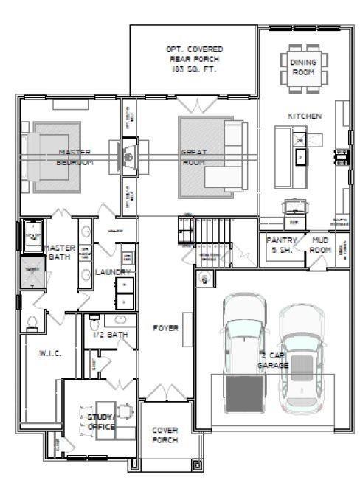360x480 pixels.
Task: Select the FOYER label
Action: pos(165,327)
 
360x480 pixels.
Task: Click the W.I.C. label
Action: pos(49,353)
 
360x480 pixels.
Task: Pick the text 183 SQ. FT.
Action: pos(194,69)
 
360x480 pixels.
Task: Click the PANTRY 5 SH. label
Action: pos(281,244)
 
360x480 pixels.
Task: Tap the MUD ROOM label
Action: pos(321,244)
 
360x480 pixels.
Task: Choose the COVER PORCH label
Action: pos(165,434)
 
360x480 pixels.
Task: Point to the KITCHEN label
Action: pos(303,116)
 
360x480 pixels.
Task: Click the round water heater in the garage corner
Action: pos(204,278)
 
